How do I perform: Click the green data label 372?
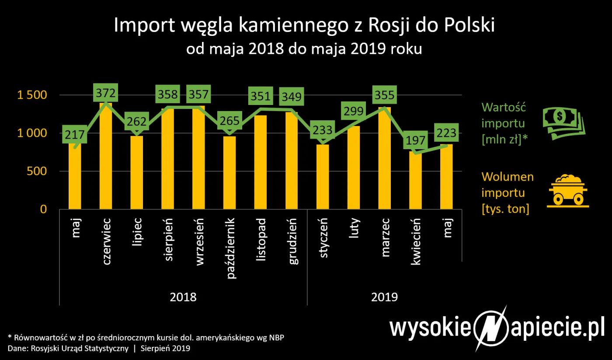pyautogui.click(x=106, y=93)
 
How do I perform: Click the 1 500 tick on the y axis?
pyautogui.click(x=31, y=95)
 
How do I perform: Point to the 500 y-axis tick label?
pyautogui.click(x=37, y=171)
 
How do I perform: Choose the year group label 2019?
pyautogui.click(x=384, y=297)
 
